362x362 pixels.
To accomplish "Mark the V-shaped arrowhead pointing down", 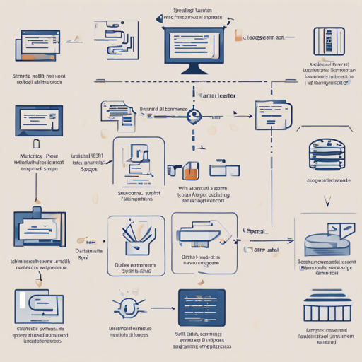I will [x=327, y=201].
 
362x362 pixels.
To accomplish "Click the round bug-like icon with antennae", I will [x=129, y=308].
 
